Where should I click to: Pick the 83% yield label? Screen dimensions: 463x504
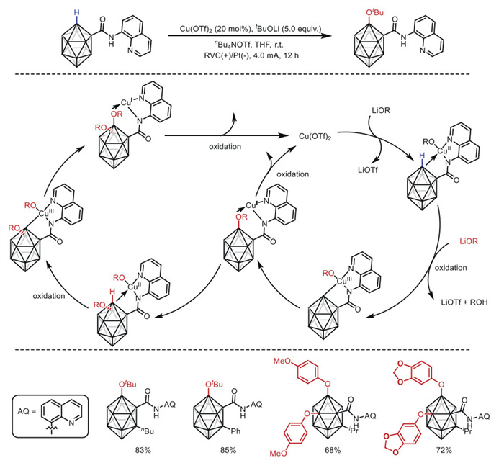coord(143,451)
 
